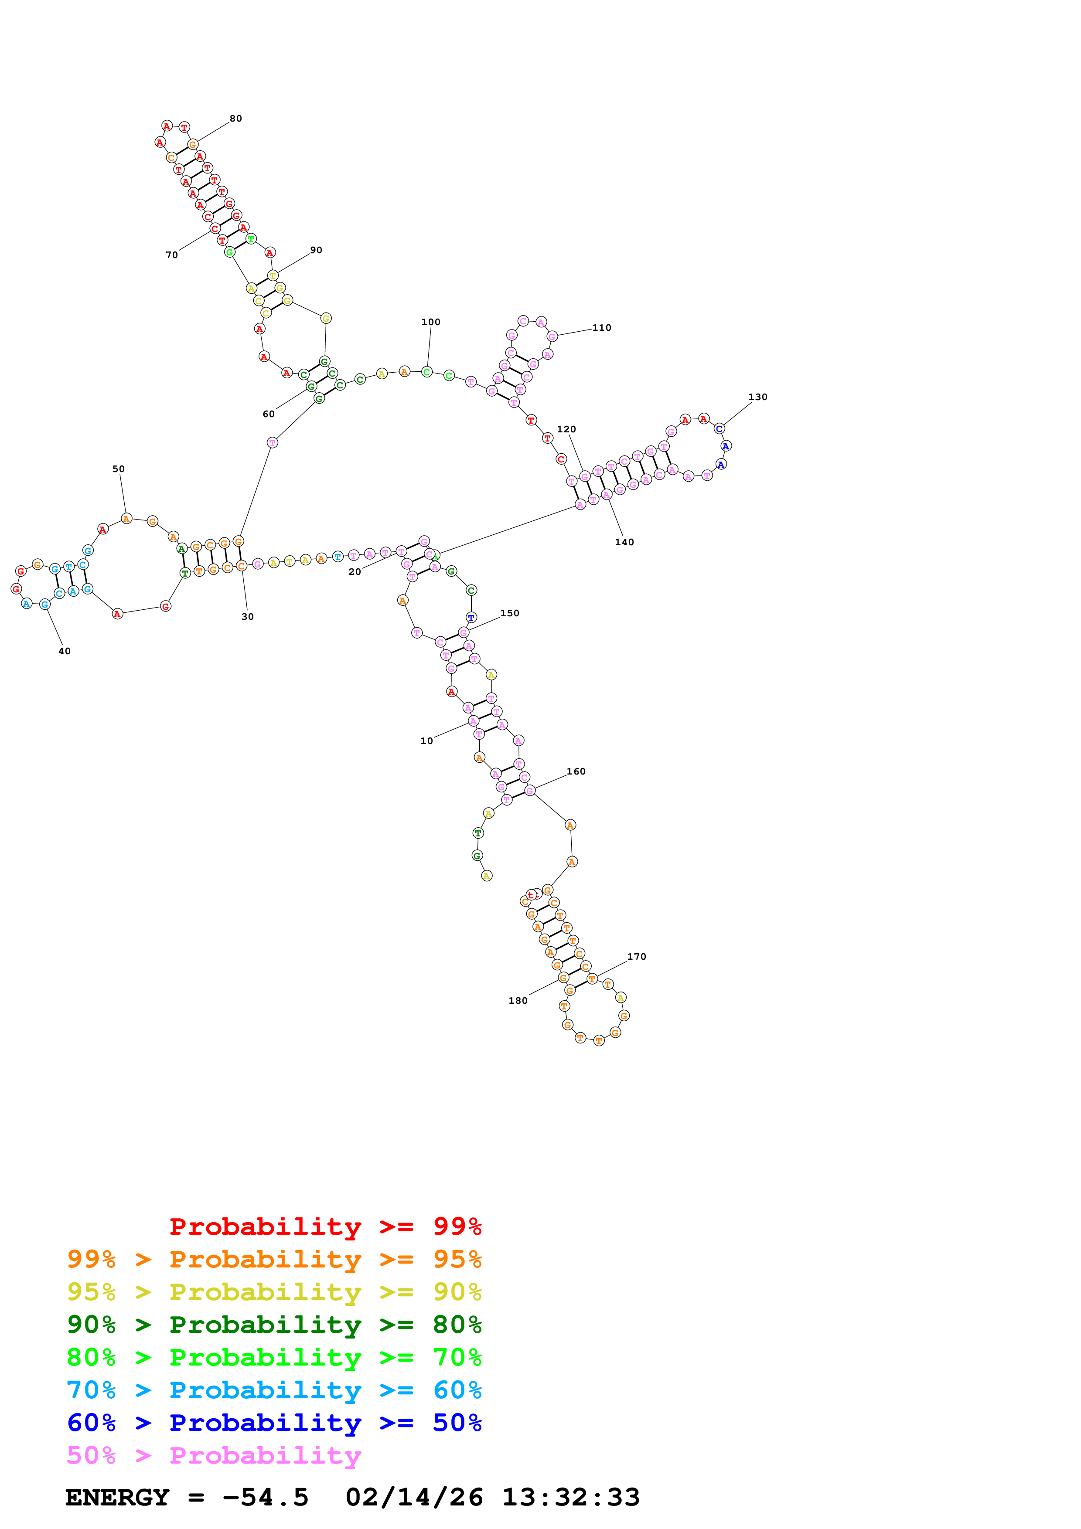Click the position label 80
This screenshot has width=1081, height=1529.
click(x=236, y=119)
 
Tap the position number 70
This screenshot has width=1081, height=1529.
click(x=172, y=255)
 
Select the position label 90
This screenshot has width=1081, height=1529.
click(x=317, y=250)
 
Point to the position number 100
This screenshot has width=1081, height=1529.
click(x=431, y=322)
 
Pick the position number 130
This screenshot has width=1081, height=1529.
click(x=758, y=397)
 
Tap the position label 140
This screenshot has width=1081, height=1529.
click(x=624, y=542)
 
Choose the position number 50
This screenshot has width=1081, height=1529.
click(x=119, y=469)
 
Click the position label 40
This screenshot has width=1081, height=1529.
click(x=65, y=651)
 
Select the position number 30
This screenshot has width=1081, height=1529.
click(x=248, y=617)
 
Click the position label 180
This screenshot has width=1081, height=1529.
click(x=518, y=1000)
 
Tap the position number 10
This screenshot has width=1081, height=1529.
click(x=427, y=741)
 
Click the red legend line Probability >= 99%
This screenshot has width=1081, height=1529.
click(x=326, y=1226)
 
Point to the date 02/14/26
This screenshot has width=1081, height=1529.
click(x=414, y=1497)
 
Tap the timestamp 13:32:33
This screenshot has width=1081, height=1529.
click(x=571, y=1497)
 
